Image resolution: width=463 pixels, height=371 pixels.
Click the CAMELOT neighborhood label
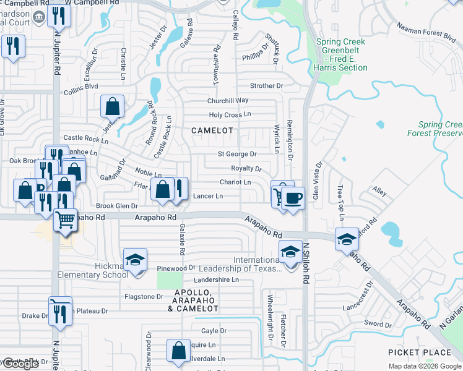[x=212, y=130]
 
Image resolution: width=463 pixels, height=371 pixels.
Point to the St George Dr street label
[x=236, y=154]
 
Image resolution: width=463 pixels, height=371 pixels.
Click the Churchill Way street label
[x=228, y=100]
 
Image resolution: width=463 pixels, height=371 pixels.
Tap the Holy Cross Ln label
[x=230, y=114]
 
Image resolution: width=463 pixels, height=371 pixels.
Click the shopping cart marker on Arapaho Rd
[x=64, y=220]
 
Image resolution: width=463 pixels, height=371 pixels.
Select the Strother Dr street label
[x=266, y=86]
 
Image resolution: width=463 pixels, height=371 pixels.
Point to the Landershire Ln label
[x=216, y=279]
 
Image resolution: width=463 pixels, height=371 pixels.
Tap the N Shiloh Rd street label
[x=305, y=263]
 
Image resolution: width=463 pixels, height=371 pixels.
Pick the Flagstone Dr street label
[x=144, y=297]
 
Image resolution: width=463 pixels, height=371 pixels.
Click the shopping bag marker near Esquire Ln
[x=178, y=350]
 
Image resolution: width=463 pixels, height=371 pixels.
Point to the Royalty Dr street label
[x=246, y=168]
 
